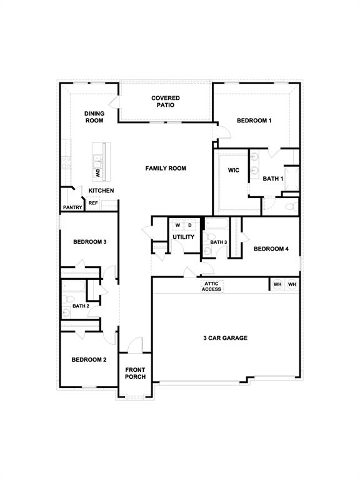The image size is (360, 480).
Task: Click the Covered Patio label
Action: (x=166, y=102)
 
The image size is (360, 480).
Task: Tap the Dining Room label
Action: (x=94, y=117)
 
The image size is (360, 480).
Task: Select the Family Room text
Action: (x=166, y=168)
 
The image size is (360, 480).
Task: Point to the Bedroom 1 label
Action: (x=254, y=121)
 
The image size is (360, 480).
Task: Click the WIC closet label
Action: (x=234, y=170)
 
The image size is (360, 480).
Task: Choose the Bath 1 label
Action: (x=273, y=179)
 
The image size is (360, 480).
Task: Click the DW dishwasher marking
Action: (x=97, y=174)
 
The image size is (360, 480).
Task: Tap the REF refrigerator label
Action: (x=93, y=203)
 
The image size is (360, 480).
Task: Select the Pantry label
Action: (x=72, y=207)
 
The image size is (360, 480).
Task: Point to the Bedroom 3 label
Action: (x=90, y=242)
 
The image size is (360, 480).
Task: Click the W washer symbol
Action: (x=177, y=225)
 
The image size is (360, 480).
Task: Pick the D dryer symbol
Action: (x=190, y=225)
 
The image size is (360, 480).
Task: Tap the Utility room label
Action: (x=183, y=237)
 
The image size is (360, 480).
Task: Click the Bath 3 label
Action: (x=219, y=242)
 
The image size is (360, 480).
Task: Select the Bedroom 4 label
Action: (x=271, y=249)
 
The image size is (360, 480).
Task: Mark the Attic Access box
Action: (x=211, y=286)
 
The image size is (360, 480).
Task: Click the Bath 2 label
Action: (x=81, y=306)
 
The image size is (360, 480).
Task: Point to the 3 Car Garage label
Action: (x=225, y=338)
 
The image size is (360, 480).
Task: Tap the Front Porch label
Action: (x=135, y=373)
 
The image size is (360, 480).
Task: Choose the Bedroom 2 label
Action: (x=89, y=360)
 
